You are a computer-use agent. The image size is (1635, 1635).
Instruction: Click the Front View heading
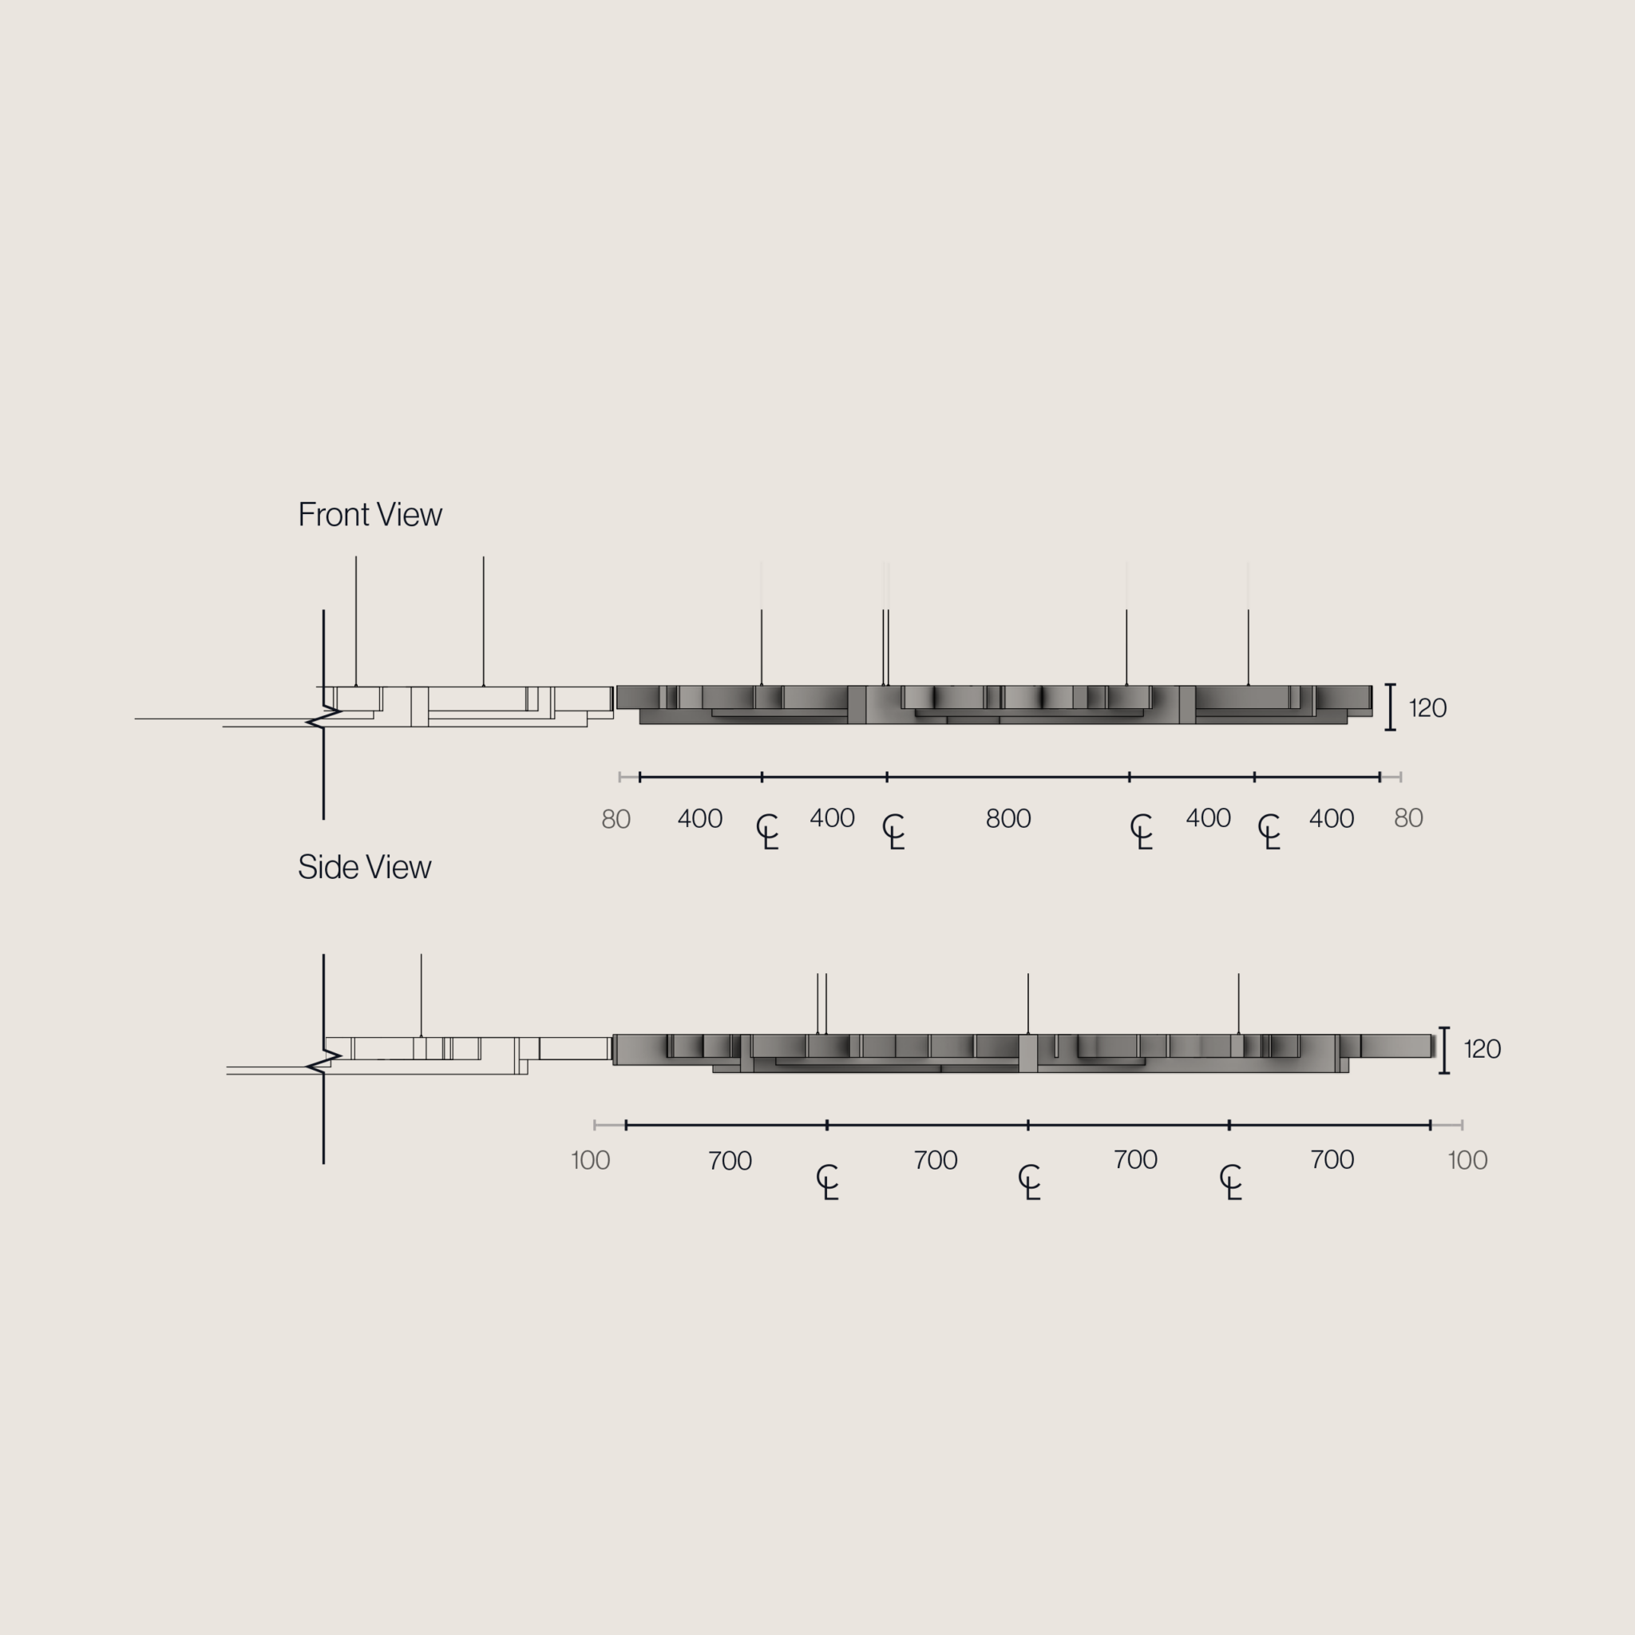(370, 515)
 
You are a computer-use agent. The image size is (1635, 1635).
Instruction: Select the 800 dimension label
(1008, 818)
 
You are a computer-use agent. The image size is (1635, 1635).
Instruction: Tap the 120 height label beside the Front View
(1427, 707)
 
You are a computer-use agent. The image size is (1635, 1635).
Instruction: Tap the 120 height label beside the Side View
(1483, 1048)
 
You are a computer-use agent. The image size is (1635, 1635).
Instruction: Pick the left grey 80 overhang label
(616, 819)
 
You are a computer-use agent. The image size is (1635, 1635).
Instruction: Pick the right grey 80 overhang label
(1408, 817)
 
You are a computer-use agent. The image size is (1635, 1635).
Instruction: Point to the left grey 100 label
(591, 1160)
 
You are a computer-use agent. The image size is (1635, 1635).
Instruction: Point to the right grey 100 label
(1467, 1160)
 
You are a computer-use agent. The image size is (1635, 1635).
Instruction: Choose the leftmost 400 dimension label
(700, 818)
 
